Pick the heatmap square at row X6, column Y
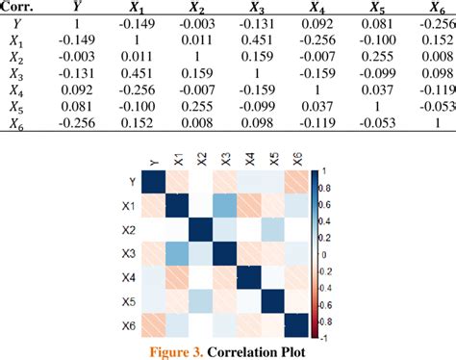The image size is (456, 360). [x=153, y=325]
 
